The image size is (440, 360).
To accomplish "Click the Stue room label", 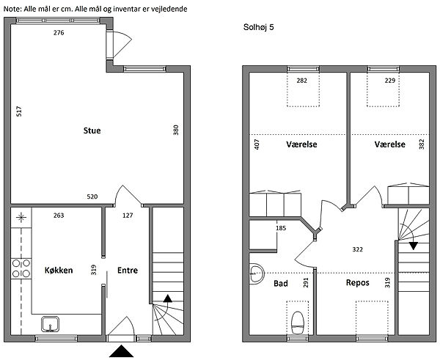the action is [92, 131].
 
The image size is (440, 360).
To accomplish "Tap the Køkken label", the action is [59, 271].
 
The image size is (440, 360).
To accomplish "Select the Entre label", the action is [128, 271].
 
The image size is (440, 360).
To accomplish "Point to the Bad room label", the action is [281, 284].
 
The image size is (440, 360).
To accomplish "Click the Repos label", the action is [358, 282].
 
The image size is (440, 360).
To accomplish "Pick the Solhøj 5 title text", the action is [258, 27].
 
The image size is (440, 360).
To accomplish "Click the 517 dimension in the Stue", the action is [19, 111].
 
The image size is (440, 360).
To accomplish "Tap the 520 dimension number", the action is [92, 196].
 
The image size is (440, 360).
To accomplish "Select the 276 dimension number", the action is [59, 33].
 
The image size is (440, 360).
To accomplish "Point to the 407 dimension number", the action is [257, 144].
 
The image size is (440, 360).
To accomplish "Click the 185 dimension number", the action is [281, 228].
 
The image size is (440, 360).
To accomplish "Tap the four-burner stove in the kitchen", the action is [21, 268].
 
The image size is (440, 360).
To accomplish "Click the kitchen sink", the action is [50, 324].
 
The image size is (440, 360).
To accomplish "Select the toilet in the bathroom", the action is [298, 323].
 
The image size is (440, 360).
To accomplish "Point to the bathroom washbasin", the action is [257, 273].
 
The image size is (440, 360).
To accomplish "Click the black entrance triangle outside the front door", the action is [121, 351].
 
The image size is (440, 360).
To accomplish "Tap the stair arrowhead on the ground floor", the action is [167, 298].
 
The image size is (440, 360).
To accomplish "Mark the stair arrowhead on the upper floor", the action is [413, 246].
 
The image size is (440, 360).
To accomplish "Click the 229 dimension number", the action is [390, 81].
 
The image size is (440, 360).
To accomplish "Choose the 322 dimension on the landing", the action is [358, 249].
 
